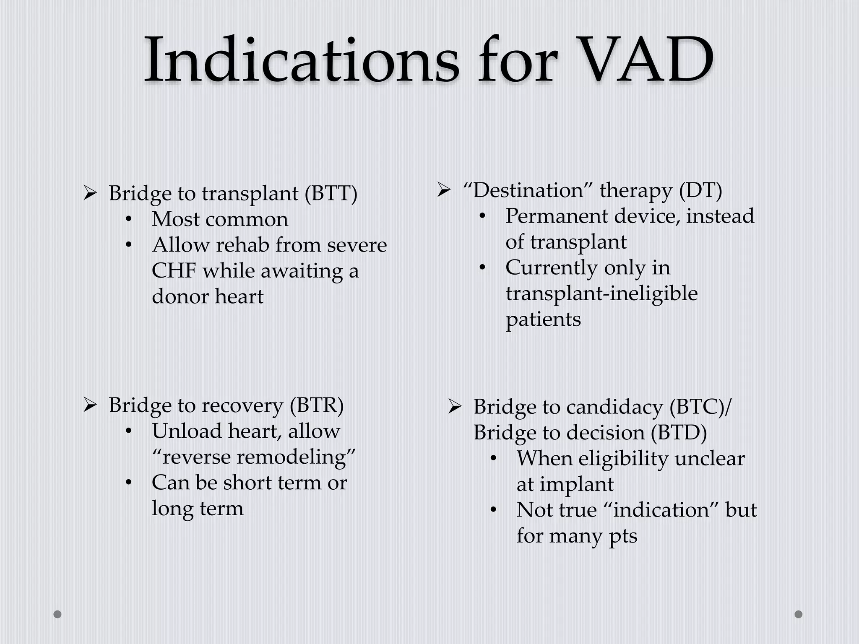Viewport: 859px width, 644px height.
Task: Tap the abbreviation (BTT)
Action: click(331, 194)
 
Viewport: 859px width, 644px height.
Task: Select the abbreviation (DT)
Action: click(700, 191)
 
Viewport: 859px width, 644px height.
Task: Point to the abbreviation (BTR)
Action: click(317, 405)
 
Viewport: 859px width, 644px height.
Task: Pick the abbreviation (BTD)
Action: click(679, 433)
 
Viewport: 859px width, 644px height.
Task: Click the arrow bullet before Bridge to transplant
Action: click(90, 193)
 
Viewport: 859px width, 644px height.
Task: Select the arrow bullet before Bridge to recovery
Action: click(90, 405)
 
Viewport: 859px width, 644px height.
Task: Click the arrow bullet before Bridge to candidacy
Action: click(455, 407)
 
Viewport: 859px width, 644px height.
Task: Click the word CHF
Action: click(174, 271)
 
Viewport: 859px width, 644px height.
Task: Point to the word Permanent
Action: click(557, 216)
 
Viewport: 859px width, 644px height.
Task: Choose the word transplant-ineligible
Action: click(601, 293)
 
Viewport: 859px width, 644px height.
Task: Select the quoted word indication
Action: click(664, 510)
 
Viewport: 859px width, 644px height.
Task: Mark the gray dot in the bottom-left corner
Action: click(57, 614)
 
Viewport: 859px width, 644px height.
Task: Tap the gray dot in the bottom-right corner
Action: click(799, 614)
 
